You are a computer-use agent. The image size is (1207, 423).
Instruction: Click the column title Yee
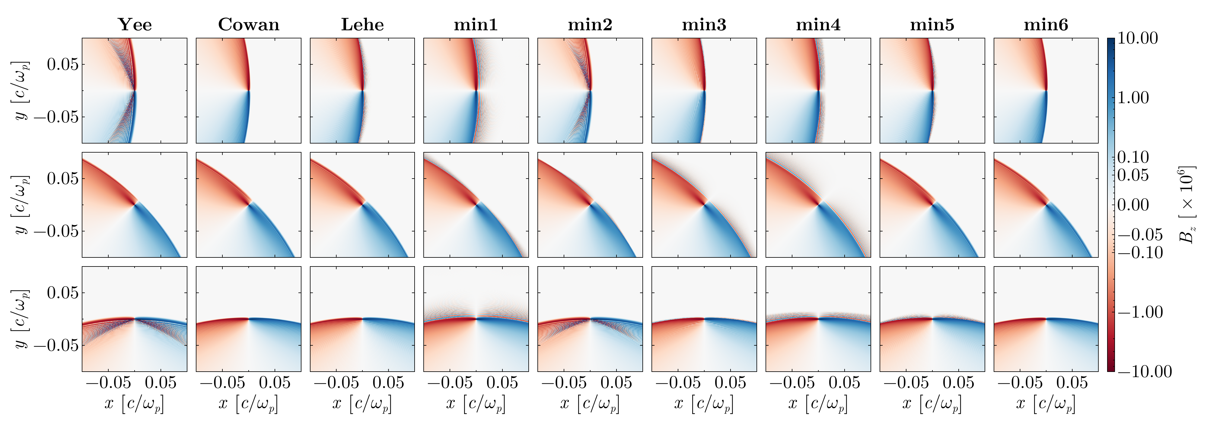tap(135, 24)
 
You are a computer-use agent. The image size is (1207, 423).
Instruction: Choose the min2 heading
tap(590, 24)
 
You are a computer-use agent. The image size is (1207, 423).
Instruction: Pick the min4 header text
tap(818, 24)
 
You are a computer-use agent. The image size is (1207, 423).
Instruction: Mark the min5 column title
tap(932, 24)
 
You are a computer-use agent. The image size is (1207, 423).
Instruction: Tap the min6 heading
tap(1046, 24)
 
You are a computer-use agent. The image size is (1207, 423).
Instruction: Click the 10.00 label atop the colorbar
tap(1138, 38)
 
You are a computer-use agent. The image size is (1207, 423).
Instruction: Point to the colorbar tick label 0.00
tap(1133, 205)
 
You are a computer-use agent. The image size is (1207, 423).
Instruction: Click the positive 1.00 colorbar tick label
tap(1133, 98)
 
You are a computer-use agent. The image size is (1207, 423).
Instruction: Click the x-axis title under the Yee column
tap(135, 403)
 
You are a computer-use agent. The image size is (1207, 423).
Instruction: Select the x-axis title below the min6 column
tap(1046, 403)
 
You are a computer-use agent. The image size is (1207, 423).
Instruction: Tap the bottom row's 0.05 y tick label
tap(63, 293)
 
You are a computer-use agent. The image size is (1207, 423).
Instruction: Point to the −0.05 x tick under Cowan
tap(223, 383)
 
